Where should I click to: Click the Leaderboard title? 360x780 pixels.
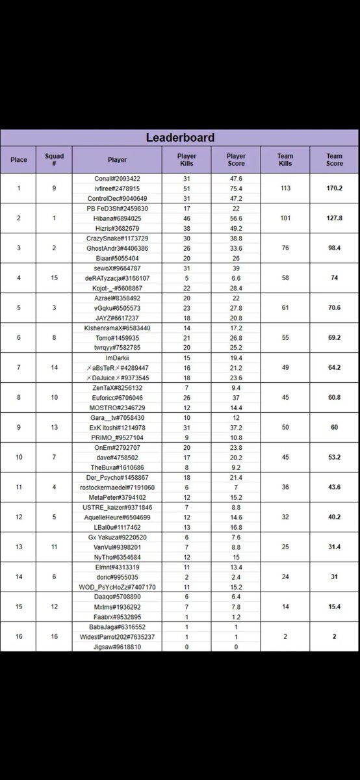pyautogui.click(x=180, y=138)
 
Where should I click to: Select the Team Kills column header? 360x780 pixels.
pyautogui.click(x=285, y=159)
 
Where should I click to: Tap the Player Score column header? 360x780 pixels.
pyautogui.click(x=236, y=159)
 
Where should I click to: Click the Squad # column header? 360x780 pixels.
pyautogui.click(x=55, y=159)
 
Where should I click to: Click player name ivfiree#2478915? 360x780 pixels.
pyautogui.click(x=118, y=188)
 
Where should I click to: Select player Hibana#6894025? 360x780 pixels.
pyautogui.click(x=118, y=219)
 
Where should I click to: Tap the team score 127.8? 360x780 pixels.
pyautogui.click(x=335, y=219)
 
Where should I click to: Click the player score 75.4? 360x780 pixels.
pyautogui.click(x=236, y=188)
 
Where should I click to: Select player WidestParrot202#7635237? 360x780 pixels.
pyautogui.click(x=118, y=638)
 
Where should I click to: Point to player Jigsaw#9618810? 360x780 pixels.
pyautogui.click(x=118, y=647)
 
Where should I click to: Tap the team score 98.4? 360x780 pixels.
pyautogui.click(x=335, y=249)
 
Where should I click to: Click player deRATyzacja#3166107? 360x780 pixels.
pyautogui.click(x=118, y=279)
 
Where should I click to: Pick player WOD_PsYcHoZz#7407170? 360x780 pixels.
pyautogui.click(x=118, y=577)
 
